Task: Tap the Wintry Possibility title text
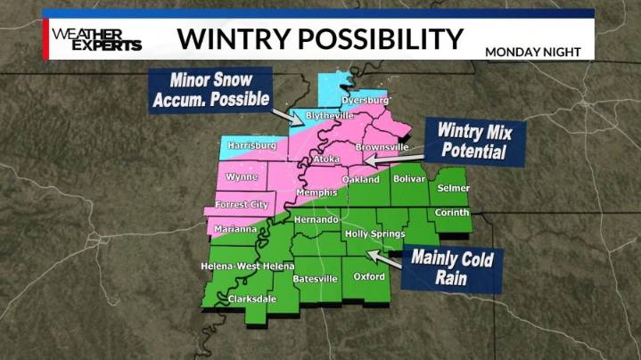320,38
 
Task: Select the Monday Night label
532,52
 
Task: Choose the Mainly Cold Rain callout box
452,269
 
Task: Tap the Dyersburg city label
366,101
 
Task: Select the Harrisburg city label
252,144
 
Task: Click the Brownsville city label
382,147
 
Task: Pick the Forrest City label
242,204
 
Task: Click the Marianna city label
236,229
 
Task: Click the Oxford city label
370,276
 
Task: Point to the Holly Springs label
374,234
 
